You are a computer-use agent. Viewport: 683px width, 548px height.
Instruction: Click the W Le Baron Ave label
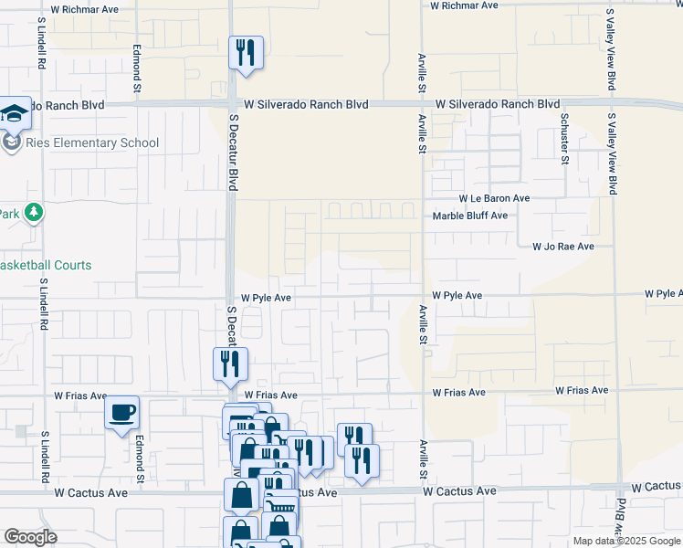[x=494, y=198]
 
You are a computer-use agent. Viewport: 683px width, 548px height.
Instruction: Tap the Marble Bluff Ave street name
[x=469, y=216]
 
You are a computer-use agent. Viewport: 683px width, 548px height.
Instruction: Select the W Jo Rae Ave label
[x=563, y=247]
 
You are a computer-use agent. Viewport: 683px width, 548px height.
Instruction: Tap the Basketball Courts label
[x=46, y=265]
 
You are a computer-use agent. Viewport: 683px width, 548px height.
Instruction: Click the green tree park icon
[x=34, y=213]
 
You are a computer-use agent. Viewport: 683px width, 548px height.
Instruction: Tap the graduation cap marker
[x=15, y=114]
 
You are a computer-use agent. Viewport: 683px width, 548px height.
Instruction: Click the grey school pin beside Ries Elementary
[x=12, y=142]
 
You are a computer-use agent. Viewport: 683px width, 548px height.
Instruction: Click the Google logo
[x=30, y=537]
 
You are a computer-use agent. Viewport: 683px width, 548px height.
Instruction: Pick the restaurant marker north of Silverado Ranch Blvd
[x=246, y=53]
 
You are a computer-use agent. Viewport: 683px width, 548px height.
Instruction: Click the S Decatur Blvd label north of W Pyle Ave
[x=233, y=153]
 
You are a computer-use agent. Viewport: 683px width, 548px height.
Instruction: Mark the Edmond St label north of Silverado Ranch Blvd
[x=138, y=68]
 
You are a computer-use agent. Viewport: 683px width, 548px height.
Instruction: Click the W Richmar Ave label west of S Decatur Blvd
[x=85, y=9]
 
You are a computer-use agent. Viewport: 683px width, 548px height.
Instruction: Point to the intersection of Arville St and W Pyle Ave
[x=423, y=296]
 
